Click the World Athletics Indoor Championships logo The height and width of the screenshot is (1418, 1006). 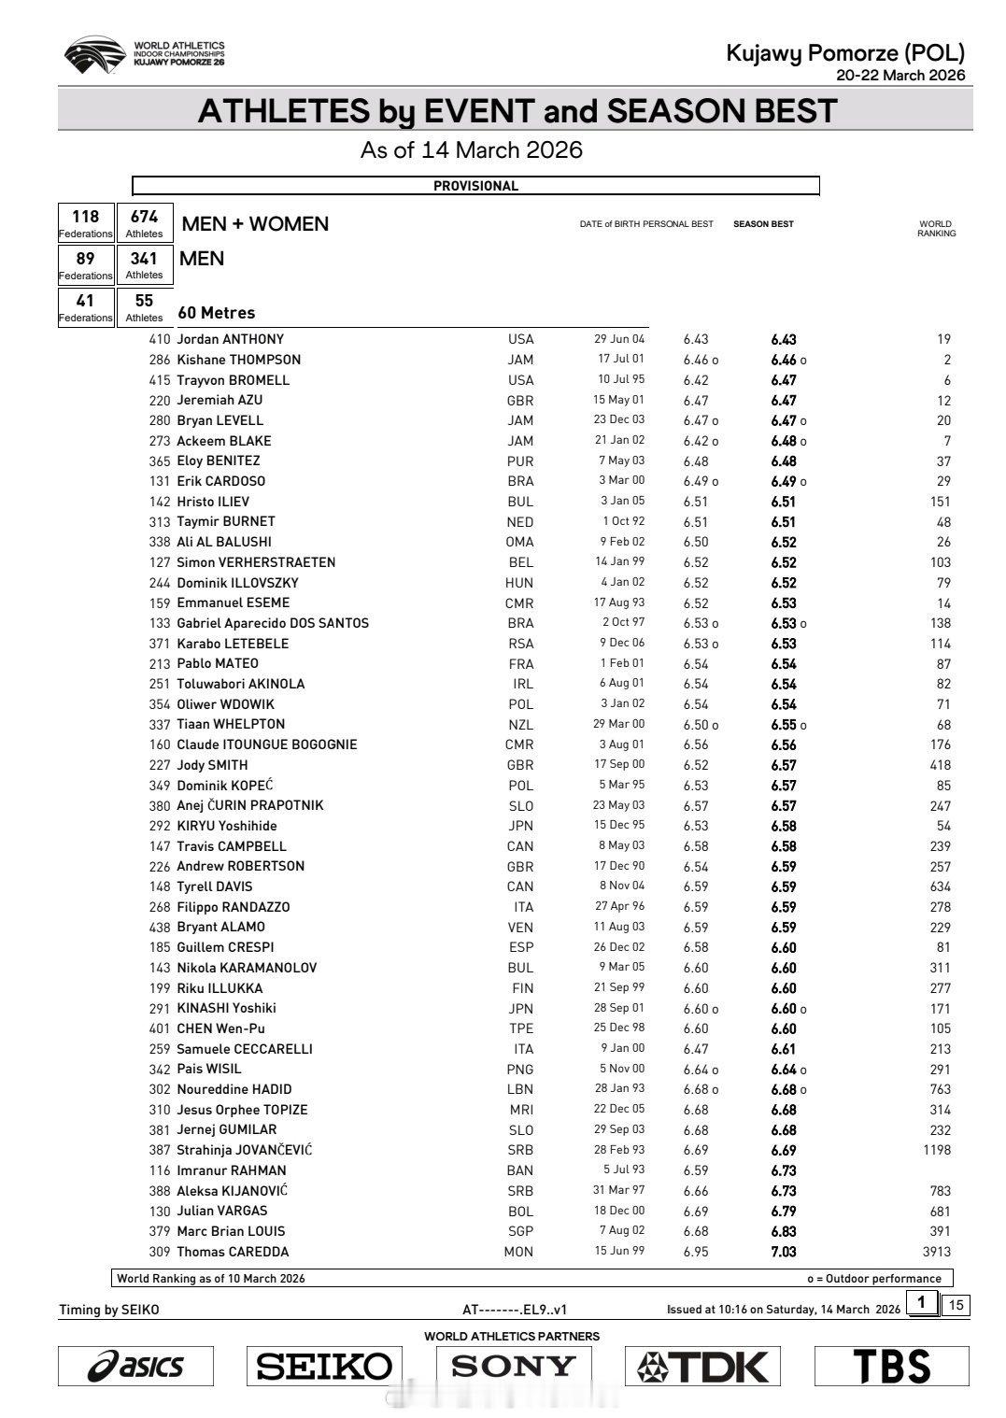[144, 55]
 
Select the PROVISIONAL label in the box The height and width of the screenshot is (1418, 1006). [475, 186]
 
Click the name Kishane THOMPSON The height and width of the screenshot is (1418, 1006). [239, 360]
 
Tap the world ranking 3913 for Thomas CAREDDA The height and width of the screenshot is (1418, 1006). [933, 1252]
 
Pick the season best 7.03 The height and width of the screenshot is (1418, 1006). [784, 1252]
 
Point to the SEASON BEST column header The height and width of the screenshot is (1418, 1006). [763, 224]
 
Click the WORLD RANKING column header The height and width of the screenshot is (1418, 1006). [936, 228]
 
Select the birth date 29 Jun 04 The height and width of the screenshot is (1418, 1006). [619, 339]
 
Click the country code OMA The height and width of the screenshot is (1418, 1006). [520, 542]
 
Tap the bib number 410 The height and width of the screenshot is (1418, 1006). [160, 339]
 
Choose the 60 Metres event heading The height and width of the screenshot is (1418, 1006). [217, 313]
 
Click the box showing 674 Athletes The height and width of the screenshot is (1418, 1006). [144, 223]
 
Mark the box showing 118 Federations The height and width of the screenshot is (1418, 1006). [86, 223]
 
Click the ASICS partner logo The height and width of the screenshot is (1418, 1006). [136, 1366]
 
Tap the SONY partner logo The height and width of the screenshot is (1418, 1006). [514, 1366]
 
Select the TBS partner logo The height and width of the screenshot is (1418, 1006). [891, 1366]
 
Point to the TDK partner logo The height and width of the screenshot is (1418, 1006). [702, 1366]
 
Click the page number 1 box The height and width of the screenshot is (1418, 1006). [922, 1303]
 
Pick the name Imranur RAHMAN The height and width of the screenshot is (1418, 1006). [232, 1170]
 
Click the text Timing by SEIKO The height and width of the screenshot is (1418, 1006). [109, 1310]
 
